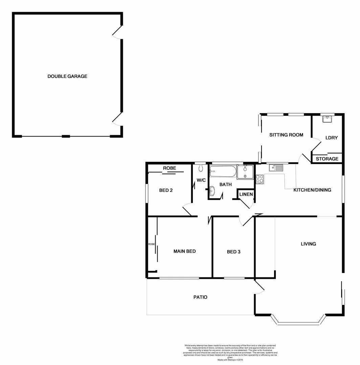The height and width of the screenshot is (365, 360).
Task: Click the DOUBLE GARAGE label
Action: pyautogui.click(x=67, y=76)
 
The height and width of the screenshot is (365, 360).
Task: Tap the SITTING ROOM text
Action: pyautogui.click(x=286, y=135)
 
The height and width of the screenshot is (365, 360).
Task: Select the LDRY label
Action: pyautogui.click(x=331, y=138)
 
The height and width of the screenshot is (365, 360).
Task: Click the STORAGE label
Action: pyautogui.click(x=327, y=159)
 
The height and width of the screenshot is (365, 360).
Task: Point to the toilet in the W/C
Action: pyautogui.click(x=201, y=168)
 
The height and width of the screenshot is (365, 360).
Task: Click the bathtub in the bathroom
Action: pyautogui.click(x=223, y=171)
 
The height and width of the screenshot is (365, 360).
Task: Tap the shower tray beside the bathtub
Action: pyautogui.click(x=245, y=172)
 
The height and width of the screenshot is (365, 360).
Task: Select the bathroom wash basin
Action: pyautogui.click(x=212, y=191)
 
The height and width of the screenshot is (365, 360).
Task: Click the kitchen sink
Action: pyautogui.click(x=276, y=168)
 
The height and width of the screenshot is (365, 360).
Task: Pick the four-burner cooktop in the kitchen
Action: pyautogui.click(x=260, y=179)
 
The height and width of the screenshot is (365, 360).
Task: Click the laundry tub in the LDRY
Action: pyautogui.click(x=327, y=119)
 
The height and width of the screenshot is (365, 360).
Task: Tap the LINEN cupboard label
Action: pyautogui.click(x=246, y=194)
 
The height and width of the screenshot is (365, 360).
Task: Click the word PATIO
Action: pyautogui.click(x=200, y=297)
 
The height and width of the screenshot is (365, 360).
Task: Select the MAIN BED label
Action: pyautogui.click(x=184, y=251)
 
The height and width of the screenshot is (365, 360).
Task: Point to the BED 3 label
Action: pyautogui.click(x=233, y=252)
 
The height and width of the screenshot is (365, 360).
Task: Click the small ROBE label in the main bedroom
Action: pyautogui.click(x=151, y=244)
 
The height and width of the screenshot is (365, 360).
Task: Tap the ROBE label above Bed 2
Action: pyautogui.click(x=170, y=168)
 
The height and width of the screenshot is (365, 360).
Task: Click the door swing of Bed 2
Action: pyautogui.click(x=187, y=209)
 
